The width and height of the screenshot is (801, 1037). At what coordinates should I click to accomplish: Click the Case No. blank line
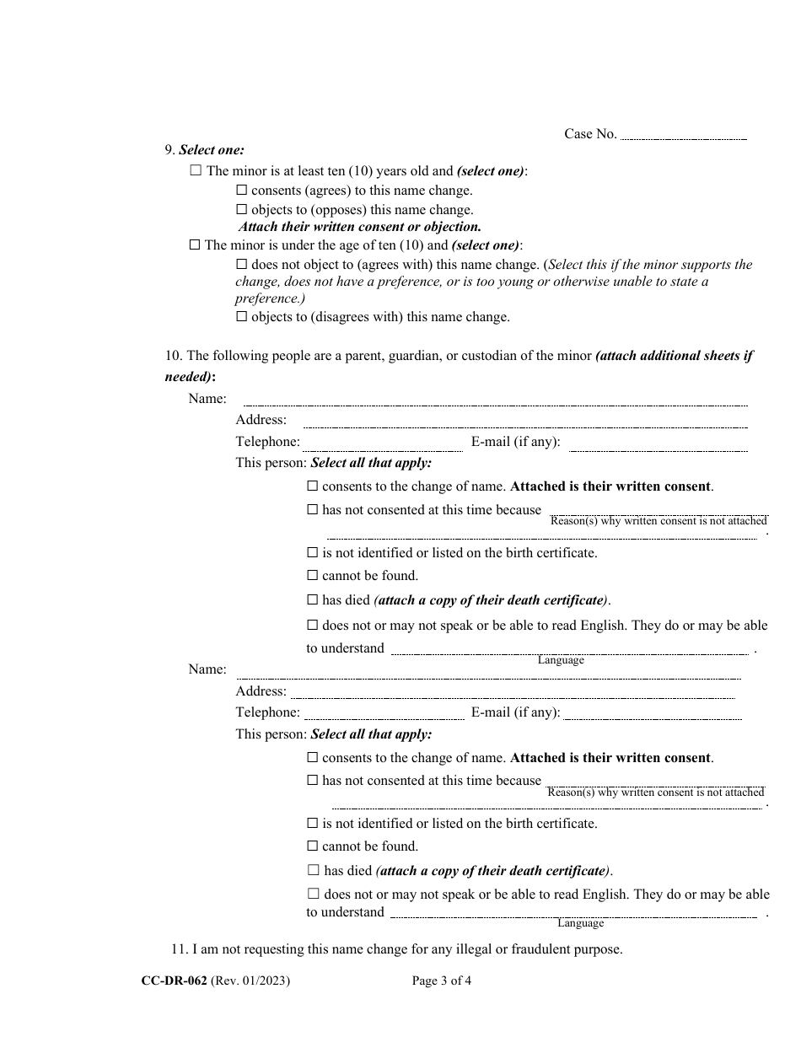(x=683, y=137)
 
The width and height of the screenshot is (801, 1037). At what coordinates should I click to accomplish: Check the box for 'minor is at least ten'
(x=196, y=170)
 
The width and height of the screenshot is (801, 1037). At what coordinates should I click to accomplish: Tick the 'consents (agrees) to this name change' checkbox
(x=242, y=191)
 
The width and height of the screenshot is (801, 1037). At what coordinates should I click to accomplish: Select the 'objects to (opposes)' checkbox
(x=242, y=210)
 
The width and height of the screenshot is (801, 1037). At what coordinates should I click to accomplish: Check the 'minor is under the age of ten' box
(x=196, y=245)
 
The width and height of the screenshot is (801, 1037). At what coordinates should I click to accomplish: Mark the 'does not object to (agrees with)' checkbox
(x=242, y=265)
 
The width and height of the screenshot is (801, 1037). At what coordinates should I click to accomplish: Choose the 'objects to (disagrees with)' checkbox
(x=242, y=318)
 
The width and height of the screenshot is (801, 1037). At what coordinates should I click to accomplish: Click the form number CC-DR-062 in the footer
(x=175, y=981)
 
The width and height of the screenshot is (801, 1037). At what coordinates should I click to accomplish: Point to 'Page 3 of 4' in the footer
(x=442, y=981)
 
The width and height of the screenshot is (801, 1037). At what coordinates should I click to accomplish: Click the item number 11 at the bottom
(x=179, y=949)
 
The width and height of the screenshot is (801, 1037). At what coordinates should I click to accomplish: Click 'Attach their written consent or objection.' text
(x=360, y=227)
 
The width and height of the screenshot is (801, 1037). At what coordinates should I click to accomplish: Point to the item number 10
(x=173, y=356)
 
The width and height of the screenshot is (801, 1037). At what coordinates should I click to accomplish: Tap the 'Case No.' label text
(x=590, y=134)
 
